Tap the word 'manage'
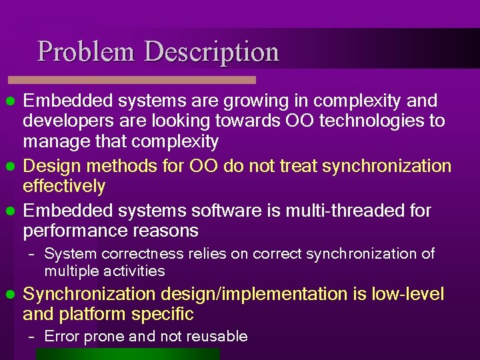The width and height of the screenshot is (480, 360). pos(57,141)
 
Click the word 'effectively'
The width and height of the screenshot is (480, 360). pos(64,186)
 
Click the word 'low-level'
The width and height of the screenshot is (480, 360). pos(407,294)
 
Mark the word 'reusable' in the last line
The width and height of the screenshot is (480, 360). pos(218,337)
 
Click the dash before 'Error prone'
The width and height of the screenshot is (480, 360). pos(31,337)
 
